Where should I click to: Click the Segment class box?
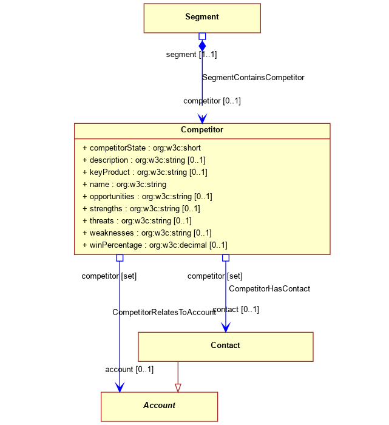[202, 18]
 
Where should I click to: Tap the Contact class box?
[226, 347]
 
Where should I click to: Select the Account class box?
[159, 407]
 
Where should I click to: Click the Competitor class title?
[202, 129]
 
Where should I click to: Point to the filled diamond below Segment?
[202, 46]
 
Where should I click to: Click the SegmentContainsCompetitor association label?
[253, 78]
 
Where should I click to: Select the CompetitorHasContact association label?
[269, 288]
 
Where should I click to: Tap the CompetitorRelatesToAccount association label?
[164, 312]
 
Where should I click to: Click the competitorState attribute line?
[141, 148]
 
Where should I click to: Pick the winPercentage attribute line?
[155, 245]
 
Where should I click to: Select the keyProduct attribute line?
[145, 172]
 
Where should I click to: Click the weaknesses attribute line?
[147, 233]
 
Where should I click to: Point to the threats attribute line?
[137, 220]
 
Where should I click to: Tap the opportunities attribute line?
[147, 197]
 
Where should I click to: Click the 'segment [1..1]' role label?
[192, 55]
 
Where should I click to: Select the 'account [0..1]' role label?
[129, 369]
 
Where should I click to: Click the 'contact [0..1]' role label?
[235, 309]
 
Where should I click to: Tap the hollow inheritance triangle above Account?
[178, 388]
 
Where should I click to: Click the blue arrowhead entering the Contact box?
[226, 327]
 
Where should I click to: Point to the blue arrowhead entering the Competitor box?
[202, 118]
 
